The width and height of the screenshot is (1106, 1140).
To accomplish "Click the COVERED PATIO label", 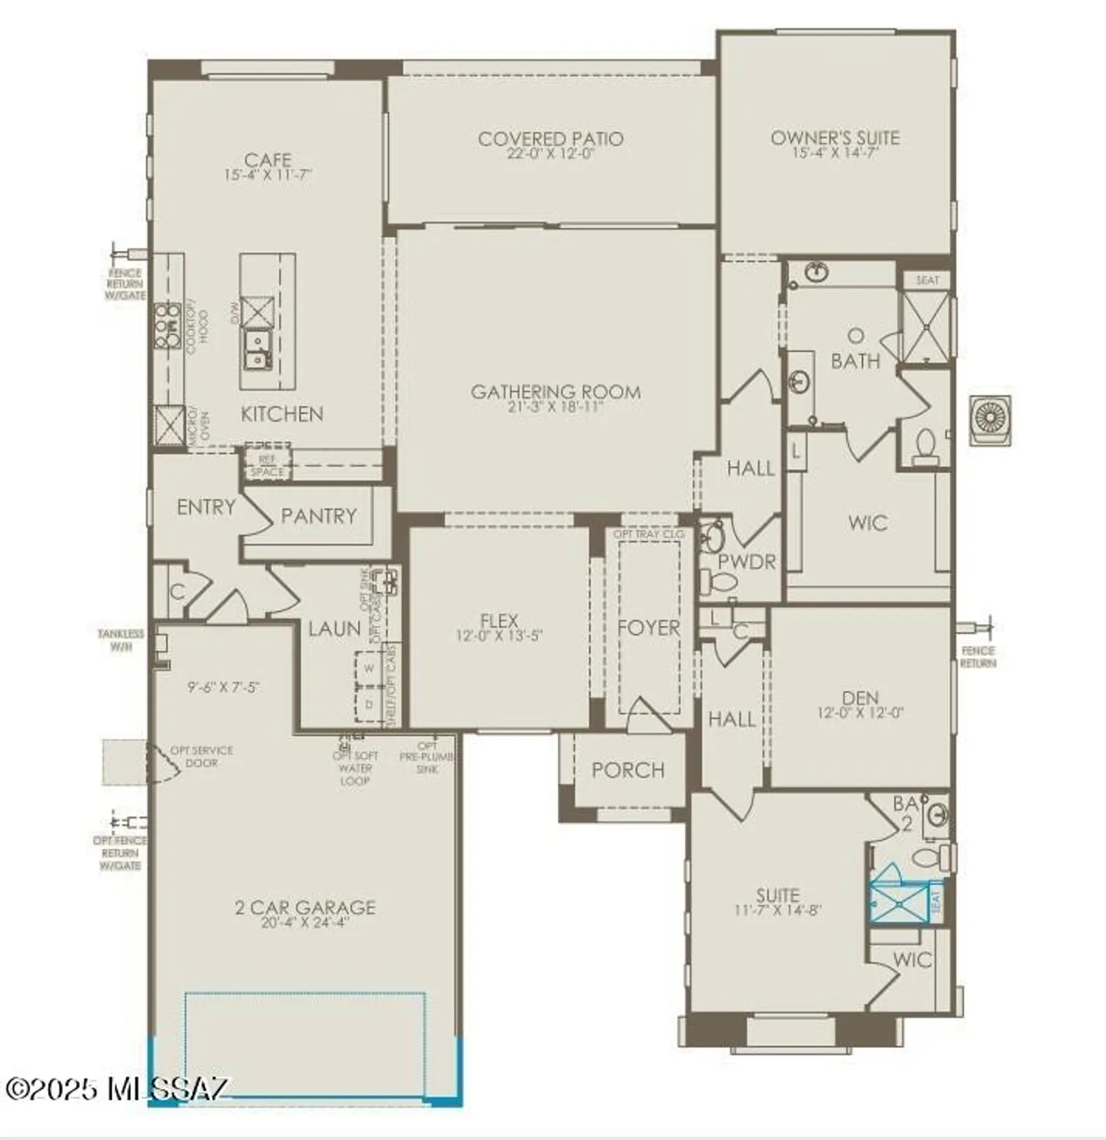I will coord(550,139).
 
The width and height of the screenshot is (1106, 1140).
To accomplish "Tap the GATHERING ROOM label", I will coord(556,392).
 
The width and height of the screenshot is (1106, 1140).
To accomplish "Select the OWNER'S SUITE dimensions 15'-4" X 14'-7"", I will coord(835,153).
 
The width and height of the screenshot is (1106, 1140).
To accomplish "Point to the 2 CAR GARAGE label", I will coord(305,907).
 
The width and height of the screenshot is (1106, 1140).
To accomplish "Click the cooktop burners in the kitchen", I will coord(168,326).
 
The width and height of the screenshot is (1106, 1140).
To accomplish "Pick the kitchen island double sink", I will coord(257,350).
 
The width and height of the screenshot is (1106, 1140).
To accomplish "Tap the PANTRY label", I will coord(318,516).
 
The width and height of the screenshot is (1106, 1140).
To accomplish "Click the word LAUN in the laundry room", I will coord(334,629).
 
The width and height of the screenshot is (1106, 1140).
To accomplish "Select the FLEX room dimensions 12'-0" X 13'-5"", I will coord(499,636).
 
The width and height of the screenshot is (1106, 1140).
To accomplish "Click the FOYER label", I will coord(648,628).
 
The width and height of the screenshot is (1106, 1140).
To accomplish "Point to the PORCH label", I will coord(628,770).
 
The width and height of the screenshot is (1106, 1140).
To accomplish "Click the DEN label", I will coord(860,698).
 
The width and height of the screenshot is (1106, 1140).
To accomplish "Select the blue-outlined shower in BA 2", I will coord(898,902).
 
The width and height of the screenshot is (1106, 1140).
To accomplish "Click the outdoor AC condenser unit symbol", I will coord(990,420).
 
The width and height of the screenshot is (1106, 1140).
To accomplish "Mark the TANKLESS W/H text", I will coord(120,640).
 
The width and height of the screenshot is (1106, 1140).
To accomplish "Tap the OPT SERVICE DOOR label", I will coord(201,756).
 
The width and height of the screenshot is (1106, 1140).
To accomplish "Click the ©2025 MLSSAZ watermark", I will coord(116,1088).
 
